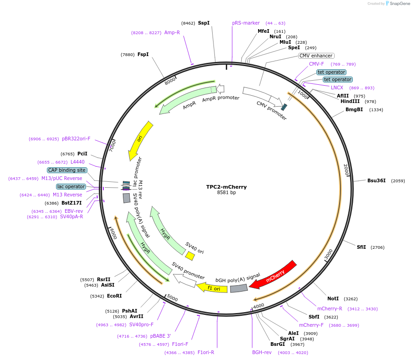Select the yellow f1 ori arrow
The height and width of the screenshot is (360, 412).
[212, 288]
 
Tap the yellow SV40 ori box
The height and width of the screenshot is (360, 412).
[190, 257]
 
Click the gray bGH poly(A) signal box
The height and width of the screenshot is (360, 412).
[239, 288]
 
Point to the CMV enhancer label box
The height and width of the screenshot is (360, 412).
[316, 56]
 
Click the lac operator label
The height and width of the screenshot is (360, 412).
[71, 186]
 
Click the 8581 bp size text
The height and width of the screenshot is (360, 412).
[226, 193]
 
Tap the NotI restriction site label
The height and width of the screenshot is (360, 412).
[333, 298]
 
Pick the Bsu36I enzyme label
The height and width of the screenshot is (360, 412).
[376, 180]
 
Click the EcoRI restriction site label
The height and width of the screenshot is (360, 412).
[114, 296]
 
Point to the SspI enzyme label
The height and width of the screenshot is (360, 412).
[203, 23]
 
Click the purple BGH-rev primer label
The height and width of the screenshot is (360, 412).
[261, 352]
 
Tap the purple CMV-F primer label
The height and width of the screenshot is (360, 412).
[316, 64]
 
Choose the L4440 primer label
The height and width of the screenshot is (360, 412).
[77, 162]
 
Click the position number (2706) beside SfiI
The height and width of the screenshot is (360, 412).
[377, 247]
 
